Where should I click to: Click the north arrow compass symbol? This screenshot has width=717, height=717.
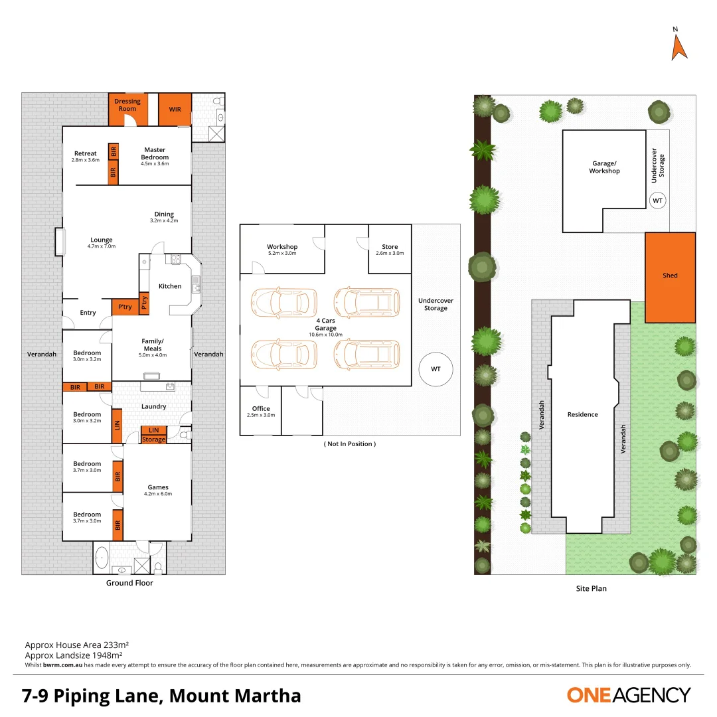pos(678,45)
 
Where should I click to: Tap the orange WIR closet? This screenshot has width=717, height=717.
pos(175,110)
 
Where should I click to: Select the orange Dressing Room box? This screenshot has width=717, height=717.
pos(127,110)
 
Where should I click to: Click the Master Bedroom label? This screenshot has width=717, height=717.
pos(155,153)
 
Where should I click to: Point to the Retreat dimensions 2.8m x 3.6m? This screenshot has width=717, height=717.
pos(86,160)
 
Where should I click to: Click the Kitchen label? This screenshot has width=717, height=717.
pos(170,286)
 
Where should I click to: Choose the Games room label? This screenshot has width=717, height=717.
pos(158,487)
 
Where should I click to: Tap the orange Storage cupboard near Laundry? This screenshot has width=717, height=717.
pos(154,439)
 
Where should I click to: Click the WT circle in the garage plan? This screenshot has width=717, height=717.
pos(436,368)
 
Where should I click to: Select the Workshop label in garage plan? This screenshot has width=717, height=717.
pos(282,247)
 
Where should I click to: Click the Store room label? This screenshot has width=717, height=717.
pos(390,247)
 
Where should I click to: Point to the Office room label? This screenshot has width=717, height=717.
pos(260,409)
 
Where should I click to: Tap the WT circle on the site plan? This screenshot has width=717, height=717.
pos(657,200)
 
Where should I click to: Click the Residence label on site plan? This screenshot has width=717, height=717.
pos(582,414)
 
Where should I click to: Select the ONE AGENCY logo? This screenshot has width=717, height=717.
pos(628,695)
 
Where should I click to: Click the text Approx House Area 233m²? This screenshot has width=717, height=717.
pos(76,645)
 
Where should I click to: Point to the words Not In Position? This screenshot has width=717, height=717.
pos(349,443)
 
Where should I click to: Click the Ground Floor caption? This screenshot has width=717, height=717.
pos(129,583)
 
